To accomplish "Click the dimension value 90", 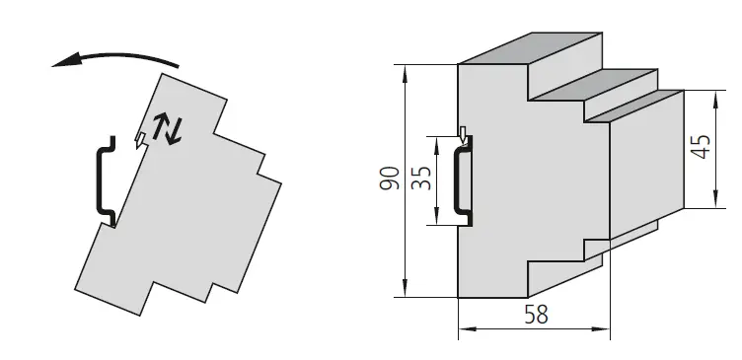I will coord(392,179).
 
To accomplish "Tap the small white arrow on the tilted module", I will coord(141,139).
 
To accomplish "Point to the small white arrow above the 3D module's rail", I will coord(464,133).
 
